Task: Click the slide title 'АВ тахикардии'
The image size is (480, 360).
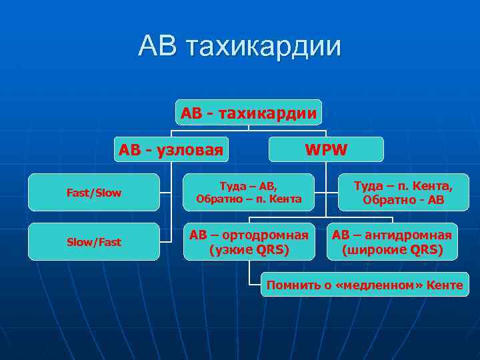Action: click(x=240, y=47)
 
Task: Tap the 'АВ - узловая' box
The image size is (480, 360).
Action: click(x=171, y=149)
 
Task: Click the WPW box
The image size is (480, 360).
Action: click(x=326, y=149)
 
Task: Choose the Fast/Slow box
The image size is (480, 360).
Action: click(x=94, y=193)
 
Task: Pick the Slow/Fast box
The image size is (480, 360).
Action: click(x=94, y=242)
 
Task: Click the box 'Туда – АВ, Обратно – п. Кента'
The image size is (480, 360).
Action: click(x=249, y=192)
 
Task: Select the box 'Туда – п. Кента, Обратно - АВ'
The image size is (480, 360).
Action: click(x=403, y=192)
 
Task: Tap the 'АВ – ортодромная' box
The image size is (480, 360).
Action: click(x=249, y=242)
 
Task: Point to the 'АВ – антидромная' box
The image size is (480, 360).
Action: click(x=392, y=242)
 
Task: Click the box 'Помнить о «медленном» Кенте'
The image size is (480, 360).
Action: click(x=365, y=285)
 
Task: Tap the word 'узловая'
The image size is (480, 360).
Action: click(x=190, y=149)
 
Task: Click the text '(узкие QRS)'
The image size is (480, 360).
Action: click(x=249, y=250)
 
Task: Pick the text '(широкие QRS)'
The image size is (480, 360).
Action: click(x=392, y=250)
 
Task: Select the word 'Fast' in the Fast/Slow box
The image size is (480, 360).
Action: click(x=78, y=193)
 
